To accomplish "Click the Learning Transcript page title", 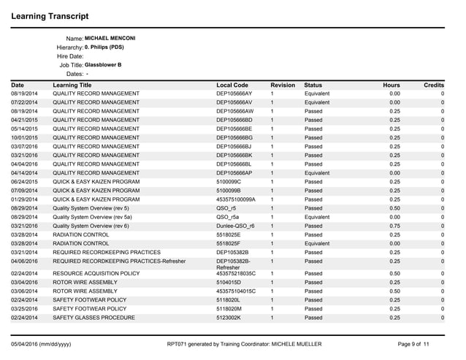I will tap(50, 15).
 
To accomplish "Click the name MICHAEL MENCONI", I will tap(110, 38).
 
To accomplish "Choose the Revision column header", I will tap(282, 85).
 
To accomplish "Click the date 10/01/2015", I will tap(25, 137).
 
